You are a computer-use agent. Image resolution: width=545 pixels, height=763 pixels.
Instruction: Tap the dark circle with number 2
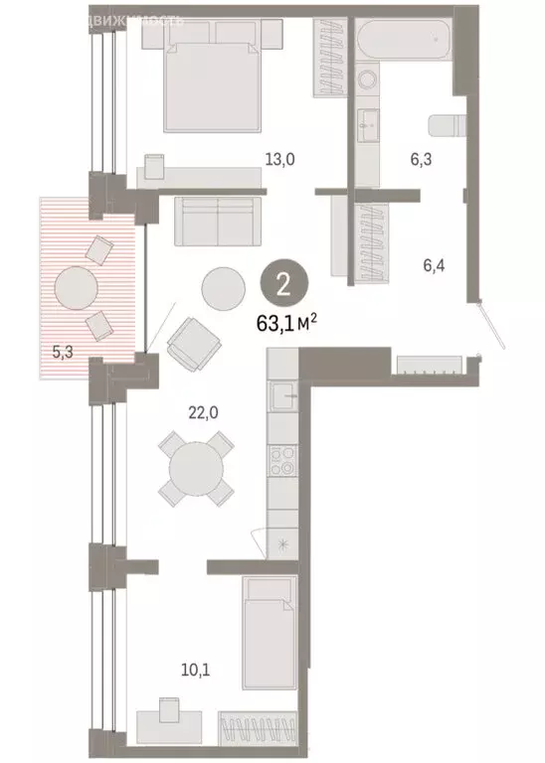[x=282, y=285]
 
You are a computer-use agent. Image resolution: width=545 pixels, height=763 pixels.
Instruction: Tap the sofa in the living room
[x=217, y=220]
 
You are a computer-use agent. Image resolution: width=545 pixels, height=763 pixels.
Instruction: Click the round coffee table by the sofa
[x=224, y=288]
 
